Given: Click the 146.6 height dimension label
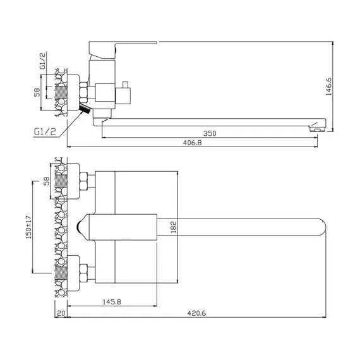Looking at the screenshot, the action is click(x=329, y=87).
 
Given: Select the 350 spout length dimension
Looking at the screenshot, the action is click(x=210, y=133).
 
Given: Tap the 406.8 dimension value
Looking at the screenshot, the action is click(x=193, y=143).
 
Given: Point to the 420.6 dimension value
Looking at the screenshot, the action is click(x=196, y=313).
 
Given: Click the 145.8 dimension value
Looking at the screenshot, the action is click(x=112, y=302).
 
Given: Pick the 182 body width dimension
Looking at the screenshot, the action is click(x=174, y=227).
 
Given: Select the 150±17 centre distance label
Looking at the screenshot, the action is click(x=28, y=227).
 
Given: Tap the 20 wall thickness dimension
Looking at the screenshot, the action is click(x=61, y=313).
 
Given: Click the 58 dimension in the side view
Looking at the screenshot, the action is click(x=37, y=92).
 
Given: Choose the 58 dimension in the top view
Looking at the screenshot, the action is click(x=47, y=181).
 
